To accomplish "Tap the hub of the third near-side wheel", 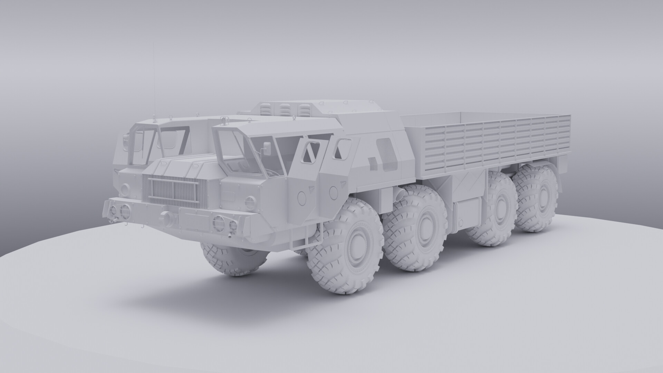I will point(499,212).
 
